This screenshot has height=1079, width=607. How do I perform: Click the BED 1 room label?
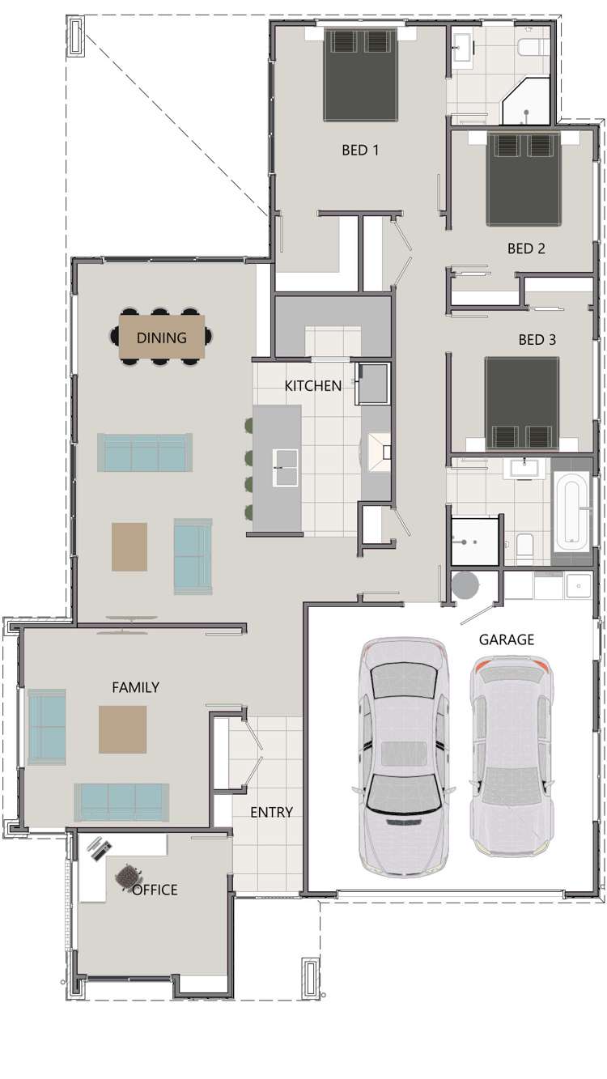coord(360,150)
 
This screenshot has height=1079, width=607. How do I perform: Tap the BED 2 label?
coord(526,249)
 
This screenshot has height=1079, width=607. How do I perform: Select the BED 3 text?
coord(537,340)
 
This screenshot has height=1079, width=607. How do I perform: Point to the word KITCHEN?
coord(312,386)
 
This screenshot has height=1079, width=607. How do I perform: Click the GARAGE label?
coord(507,639)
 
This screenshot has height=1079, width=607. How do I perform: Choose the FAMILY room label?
coord(135,687)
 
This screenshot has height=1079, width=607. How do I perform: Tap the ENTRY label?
coord(271,812)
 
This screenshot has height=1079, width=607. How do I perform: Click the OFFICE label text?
coord(155,890)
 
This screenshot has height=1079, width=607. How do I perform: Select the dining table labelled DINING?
coord(162,338)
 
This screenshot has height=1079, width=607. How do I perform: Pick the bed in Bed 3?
coord(522,402)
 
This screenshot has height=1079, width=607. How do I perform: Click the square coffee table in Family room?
coord(123,729)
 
